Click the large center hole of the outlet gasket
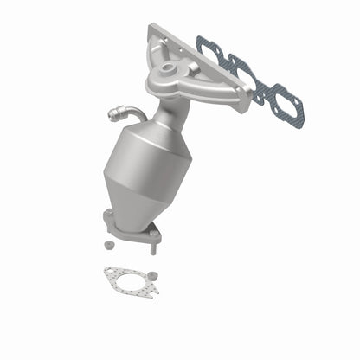[x=127, y=279]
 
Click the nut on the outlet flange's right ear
[x=154, y=232]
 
